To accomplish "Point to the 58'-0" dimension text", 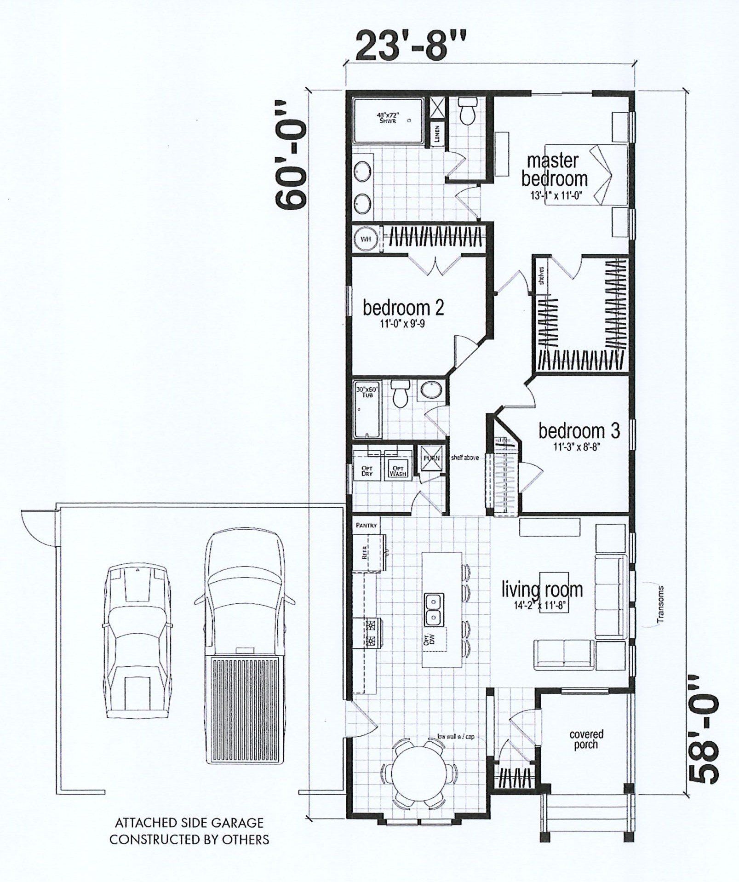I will [704, 729].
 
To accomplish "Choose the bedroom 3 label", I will [579, 430].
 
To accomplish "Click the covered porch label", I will [586, 739].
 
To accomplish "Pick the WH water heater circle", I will [366, 239].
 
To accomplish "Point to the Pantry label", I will [367, 525].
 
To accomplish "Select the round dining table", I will [418, 773].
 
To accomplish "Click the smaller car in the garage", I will [137, 646].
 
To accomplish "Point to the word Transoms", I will [661, 604].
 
